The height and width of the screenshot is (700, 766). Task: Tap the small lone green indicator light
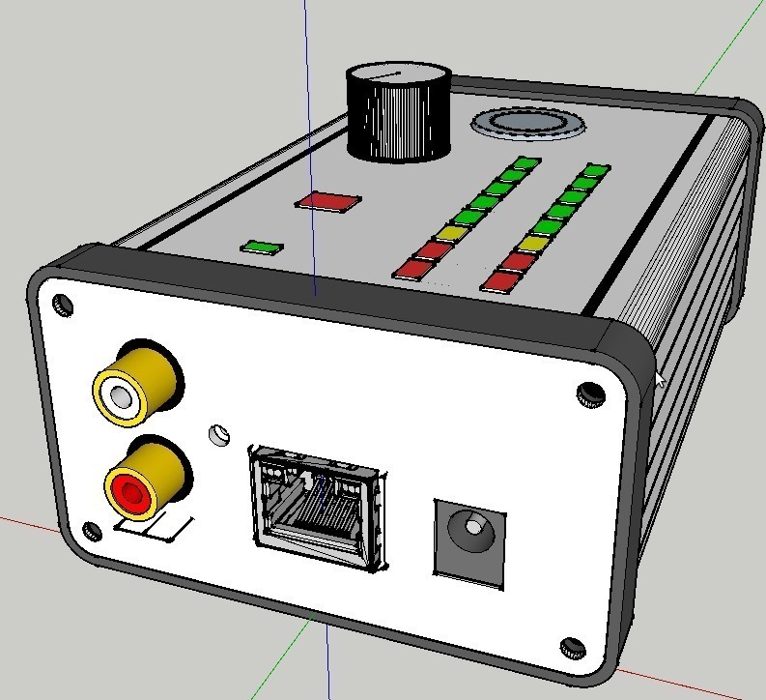263,247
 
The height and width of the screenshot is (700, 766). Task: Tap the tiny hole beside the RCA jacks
219,433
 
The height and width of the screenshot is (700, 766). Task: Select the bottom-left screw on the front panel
92,531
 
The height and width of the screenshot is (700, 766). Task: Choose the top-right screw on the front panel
587,392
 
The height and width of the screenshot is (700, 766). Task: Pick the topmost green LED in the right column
595,171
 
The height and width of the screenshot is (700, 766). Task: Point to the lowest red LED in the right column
500,280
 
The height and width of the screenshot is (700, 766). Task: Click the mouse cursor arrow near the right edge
660,377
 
